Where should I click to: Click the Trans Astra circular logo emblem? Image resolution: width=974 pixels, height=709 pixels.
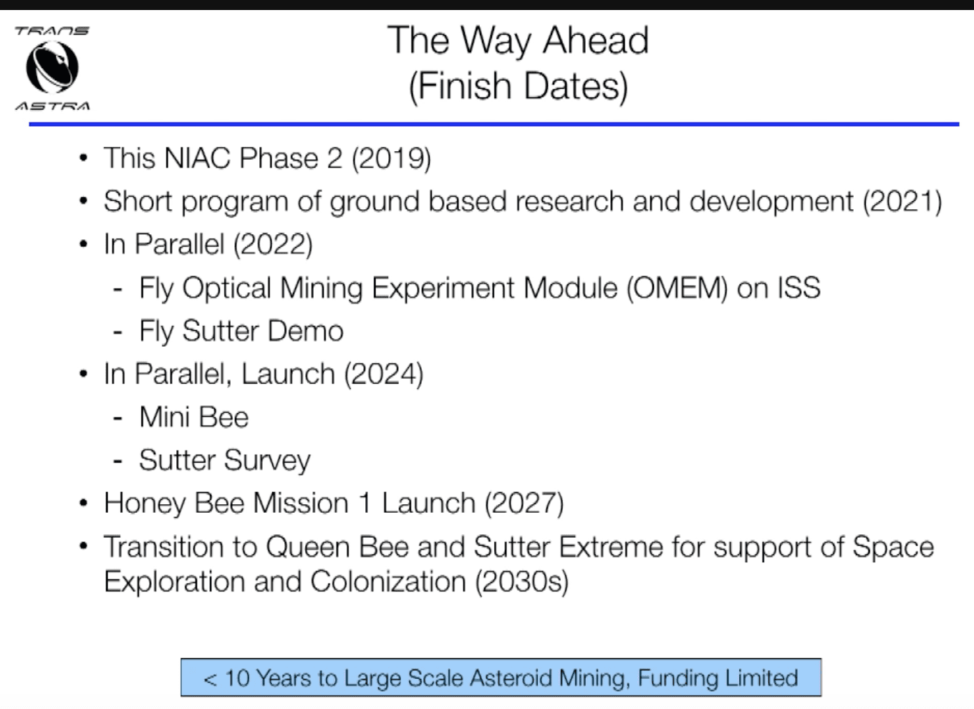pyautogui.click(x=52, y=68)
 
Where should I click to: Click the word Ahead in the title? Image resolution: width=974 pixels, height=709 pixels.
pyautogui.click(x=596, y=40)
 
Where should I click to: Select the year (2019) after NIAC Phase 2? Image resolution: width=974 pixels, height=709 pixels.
pyautogui.click(x=391, y=158)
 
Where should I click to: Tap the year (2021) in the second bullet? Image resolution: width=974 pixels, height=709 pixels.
pyautogui.click(x=902, y=202)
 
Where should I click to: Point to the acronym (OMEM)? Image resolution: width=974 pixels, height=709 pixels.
pyautogui.click(x=677, y=288)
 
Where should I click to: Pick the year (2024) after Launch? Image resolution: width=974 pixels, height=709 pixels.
pyautogui.click(x=383, y=374)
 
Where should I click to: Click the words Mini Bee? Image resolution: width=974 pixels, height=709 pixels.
pyautogui.click(x=194, y=417)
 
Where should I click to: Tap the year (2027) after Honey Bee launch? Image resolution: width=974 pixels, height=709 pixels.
pyautogui.click(x=524, y=503)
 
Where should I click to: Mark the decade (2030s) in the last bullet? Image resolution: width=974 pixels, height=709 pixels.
pyautogui.click(x=521, y=582)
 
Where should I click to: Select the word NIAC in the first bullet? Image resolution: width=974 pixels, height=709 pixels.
pyautogui.click(x=196, y=158)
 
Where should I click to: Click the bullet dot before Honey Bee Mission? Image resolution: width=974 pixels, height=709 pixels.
pyautogui.click(x=84, y=503)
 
